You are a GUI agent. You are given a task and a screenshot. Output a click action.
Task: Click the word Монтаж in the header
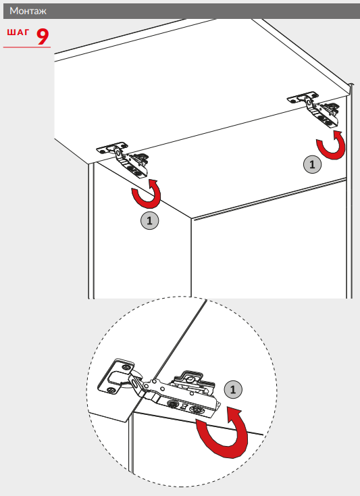[28, 11]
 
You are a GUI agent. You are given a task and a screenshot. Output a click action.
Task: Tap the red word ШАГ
[18, 32]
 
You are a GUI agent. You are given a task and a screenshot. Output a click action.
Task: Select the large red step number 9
[43, 36]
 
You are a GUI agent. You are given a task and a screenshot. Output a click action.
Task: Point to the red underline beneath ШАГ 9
[27, 47]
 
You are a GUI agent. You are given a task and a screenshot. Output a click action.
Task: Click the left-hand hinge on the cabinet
[124, 159]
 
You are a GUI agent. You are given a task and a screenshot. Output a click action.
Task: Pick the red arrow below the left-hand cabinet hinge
[147, 193]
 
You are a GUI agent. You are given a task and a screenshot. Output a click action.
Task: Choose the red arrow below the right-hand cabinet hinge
[331, 145]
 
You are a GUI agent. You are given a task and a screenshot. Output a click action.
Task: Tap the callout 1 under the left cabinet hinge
[149, 220]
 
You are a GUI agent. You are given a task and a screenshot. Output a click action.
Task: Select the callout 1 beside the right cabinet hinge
[312, 164]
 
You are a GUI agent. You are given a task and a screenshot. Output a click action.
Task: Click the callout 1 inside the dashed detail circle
[233, 389]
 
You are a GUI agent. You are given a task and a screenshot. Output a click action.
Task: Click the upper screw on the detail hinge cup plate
[127, 367]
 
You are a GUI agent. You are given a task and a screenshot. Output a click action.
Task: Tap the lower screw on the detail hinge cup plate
[111, 390]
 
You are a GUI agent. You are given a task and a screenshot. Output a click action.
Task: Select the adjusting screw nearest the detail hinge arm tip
[195, 410]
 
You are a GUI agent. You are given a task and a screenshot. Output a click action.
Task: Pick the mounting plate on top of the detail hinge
[192, 381]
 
